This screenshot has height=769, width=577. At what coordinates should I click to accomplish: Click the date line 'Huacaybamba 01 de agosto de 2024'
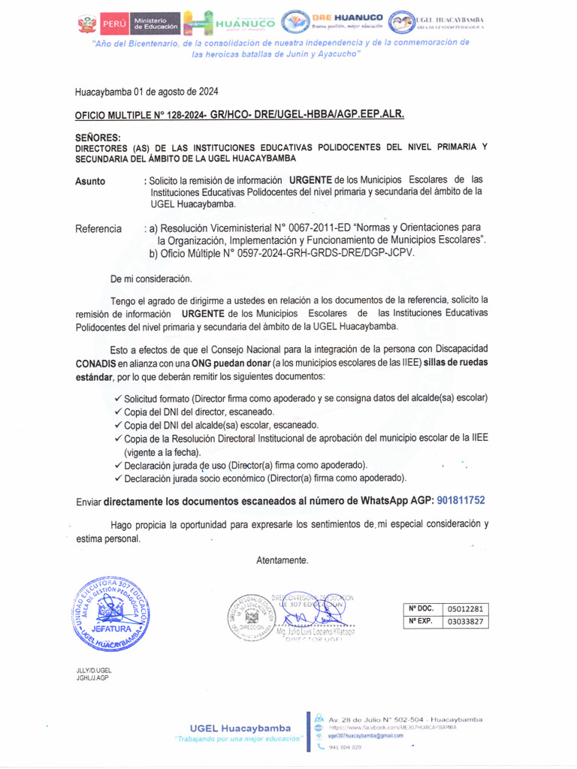(x=147, y=92)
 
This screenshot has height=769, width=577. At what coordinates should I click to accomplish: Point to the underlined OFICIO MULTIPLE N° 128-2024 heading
(x=240, y=115)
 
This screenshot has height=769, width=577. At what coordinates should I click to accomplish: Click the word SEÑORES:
(x=98, y=138)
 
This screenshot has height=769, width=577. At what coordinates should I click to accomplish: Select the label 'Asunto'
(x=90, y=182)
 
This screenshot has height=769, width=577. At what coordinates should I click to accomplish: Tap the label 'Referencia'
(x=98, y=228)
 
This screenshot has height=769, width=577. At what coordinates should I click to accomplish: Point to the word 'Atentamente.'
(x=282, y=560)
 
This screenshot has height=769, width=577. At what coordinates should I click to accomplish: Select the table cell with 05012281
(x=466, y=608)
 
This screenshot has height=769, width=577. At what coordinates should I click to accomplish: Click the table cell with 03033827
(x=466, y=622)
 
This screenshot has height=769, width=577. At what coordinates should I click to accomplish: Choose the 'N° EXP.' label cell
(x=421, y=622)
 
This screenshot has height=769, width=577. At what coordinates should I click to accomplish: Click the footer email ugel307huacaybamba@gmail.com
(x=365, y=736)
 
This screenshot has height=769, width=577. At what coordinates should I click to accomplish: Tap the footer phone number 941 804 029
(x=345, y=747)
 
